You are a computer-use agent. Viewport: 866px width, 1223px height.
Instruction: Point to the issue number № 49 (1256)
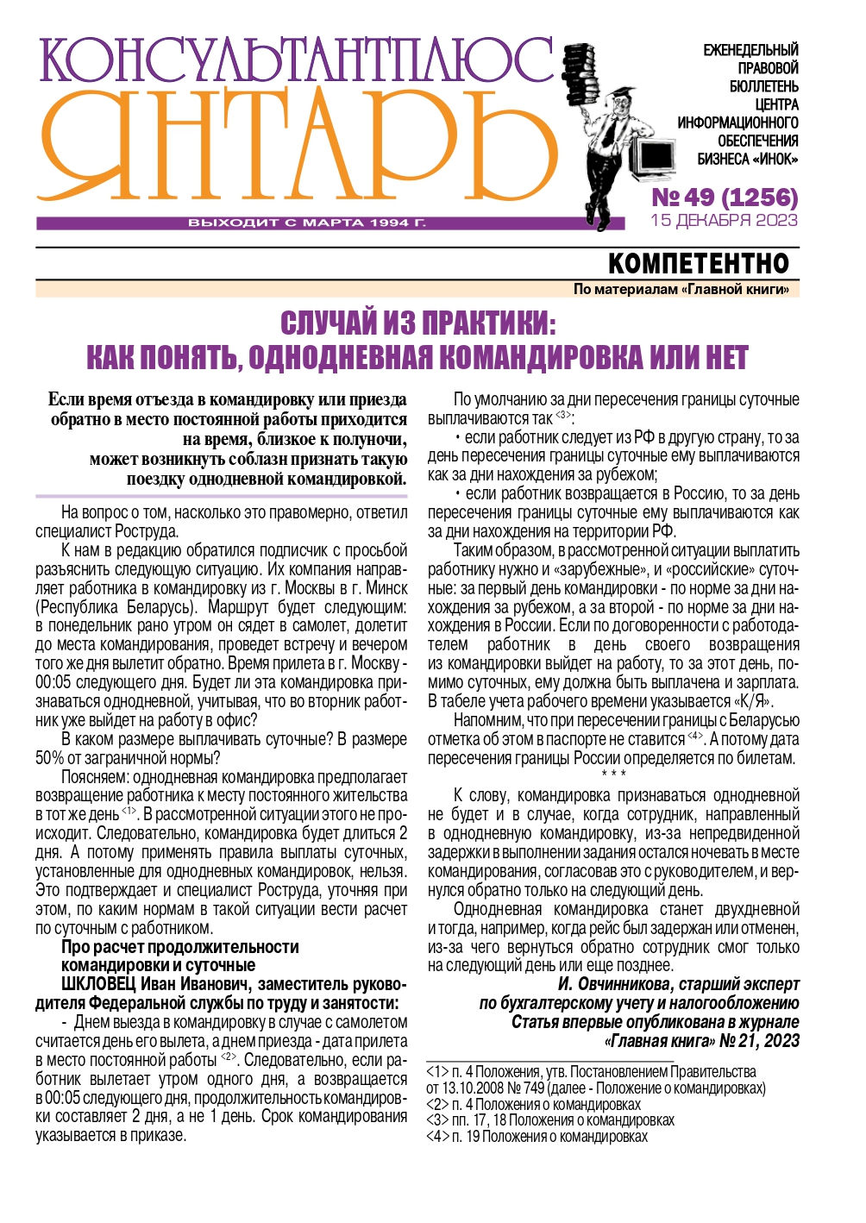725,198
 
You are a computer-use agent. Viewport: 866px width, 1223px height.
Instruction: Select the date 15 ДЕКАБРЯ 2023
725,220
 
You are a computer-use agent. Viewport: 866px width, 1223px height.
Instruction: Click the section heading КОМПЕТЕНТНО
698,263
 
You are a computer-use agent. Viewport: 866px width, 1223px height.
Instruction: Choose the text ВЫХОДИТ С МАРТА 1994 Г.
307,223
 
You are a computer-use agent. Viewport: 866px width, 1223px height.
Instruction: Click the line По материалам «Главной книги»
681,289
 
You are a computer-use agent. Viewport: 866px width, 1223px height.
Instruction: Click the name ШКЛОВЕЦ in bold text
98,985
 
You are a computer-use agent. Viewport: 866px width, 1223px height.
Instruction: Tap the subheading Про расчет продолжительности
179,947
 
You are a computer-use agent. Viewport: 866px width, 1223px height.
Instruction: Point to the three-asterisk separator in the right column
613,775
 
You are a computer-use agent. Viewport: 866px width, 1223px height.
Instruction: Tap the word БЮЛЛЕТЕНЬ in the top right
763,86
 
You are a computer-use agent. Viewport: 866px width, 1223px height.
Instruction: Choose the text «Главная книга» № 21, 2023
701,1041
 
